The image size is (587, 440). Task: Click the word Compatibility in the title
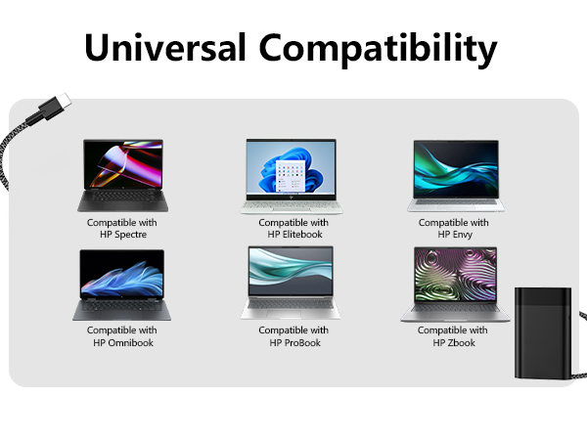point(378,48)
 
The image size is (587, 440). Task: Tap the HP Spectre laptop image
point(121,176)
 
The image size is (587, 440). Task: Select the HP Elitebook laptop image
point(293,176)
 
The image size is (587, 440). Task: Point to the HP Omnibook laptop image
point(121,285)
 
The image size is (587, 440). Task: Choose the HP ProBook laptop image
point(291,283)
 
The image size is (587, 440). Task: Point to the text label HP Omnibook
point(122,343)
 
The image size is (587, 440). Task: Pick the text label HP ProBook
point(293,343)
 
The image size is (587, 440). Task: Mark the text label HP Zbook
point(453,343)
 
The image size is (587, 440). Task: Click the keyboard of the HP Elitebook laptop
point(292,201)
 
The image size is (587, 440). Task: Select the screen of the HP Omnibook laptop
point(122,275)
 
